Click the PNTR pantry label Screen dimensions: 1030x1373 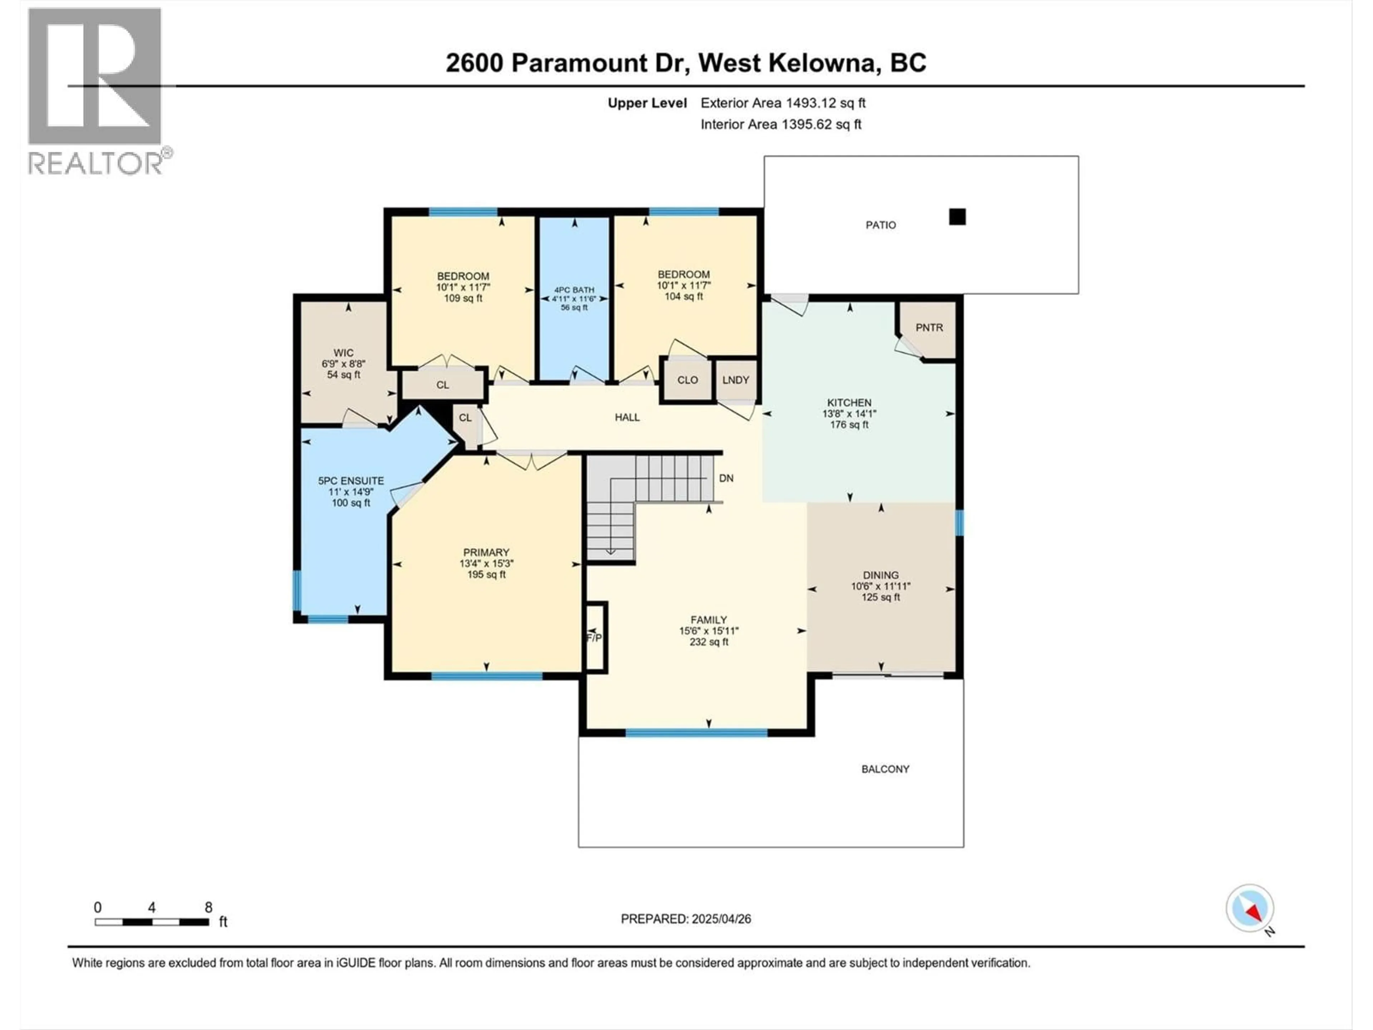point(929,328)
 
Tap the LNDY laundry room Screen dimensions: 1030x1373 point(735,380)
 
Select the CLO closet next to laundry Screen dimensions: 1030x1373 point(687,380)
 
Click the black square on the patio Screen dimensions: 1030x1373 point(957,217)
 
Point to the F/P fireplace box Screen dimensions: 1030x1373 point(595,638)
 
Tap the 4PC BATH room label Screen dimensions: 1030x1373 point(574,290)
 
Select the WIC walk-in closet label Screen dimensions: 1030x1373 point(343,353)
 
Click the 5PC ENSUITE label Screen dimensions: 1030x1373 point(351,481)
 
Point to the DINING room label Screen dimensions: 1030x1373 point(880,575)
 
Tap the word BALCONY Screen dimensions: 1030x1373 point(885,769)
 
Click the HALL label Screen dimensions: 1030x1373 point(627,417)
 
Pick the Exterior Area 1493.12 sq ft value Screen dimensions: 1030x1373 point(826,103)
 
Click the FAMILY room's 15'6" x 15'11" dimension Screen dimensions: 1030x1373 point(708,631)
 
